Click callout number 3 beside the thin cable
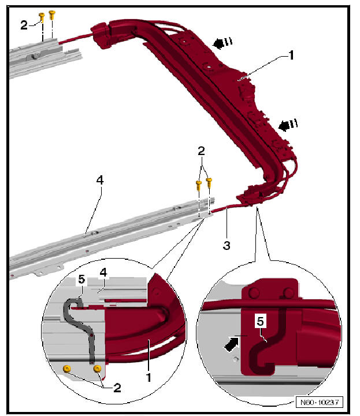pos(227,245)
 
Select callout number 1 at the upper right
pos(291,56)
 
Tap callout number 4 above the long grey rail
pos(99,181)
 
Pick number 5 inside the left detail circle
pos(81,279)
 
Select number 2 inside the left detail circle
pos(117,388)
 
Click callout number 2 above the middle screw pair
pos(201,151)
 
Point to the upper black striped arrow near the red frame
pos(222,42)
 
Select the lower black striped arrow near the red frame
pos(287,124)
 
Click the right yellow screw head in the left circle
pos(97,368)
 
